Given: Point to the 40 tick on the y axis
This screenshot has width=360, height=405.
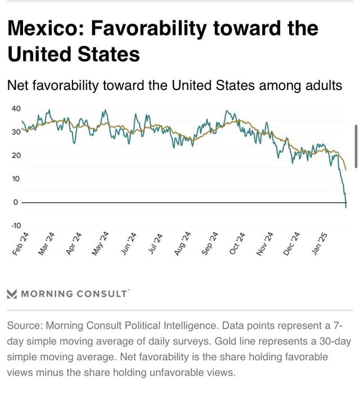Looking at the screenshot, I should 15,108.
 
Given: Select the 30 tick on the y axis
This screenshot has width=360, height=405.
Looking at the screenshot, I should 15,132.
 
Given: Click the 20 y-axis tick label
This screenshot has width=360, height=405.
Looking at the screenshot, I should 15,155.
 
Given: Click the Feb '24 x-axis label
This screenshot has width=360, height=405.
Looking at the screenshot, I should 21,243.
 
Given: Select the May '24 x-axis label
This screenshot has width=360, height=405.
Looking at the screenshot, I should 102,243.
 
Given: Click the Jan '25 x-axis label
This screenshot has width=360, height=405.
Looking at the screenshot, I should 319,243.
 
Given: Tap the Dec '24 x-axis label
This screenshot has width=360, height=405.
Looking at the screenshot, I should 292,243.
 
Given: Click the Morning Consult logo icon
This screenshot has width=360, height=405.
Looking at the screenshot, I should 12,294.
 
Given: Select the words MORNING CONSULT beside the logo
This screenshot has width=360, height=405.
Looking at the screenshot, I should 74,294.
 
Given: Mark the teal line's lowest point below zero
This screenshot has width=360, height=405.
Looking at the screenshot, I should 346,208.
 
